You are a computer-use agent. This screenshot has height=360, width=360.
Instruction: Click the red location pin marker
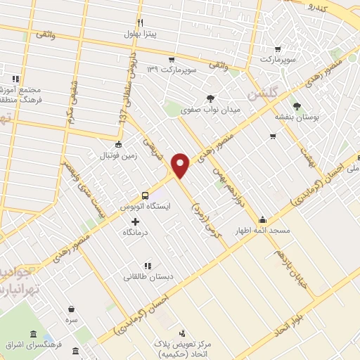(x=181, y=165)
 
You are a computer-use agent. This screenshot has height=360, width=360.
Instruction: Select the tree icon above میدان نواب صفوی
(x=209, y=99)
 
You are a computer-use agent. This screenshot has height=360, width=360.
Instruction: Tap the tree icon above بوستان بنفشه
(x=299, y=106)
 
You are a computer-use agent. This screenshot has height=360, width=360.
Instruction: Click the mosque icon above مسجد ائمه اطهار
(x=262, y=219)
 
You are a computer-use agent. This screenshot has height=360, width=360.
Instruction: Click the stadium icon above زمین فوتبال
(x=117, y=143)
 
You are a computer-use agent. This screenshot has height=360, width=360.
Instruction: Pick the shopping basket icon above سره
(x=72, y=308)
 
